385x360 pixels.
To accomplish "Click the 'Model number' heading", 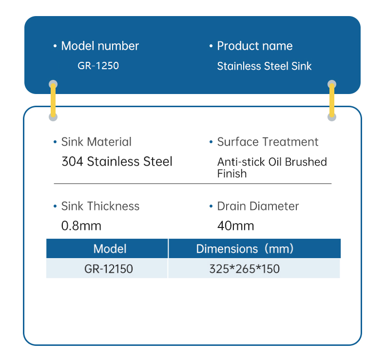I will point(99,46).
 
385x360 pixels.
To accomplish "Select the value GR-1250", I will point(98,65).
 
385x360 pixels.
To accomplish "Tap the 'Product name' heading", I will point(254,46).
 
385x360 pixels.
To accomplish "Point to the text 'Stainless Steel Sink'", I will point(264,66).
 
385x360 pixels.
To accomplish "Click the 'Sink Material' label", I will point(96,142).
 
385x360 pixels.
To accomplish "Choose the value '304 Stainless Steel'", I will point(117,161).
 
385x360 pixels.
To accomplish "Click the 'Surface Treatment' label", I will point(268,142).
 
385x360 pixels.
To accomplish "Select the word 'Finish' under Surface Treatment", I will point(232,173).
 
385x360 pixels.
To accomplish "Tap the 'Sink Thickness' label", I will point(100,206).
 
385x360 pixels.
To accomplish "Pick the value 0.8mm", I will point(81,226).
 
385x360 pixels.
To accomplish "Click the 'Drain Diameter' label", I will point(258,206).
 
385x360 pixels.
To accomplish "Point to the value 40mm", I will point(235,226).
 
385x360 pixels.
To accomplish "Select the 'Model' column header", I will point(110,248).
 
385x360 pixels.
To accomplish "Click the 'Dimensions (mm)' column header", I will point(245,248).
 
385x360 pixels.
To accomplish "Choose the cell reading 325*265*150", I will point(245,268).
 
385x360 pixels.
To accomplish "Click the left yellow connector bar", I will point(53,100).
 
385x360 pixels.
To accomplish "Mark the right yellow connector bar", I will point(332,100).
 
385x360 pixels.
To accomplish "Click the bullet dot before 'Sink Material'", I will point(55,142).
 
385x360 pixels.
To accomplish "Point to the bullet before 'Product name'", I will point(211,46).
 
